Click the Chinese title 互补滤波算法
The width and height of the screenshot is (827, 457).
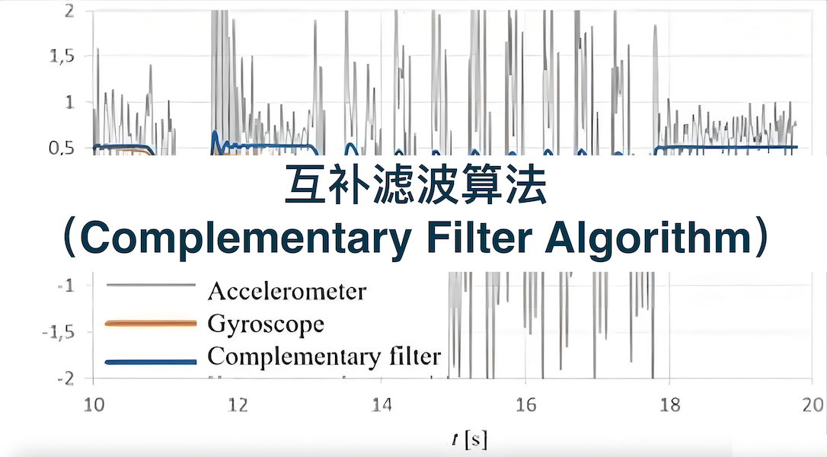tap(416, 184)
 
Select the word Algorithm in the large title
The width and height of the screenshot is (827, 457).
tap(648, 238)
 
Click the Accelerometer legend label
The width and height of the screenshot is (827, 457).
tap(287, 291)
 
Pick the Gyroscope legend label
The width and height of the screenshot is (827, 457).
tap(266, 324)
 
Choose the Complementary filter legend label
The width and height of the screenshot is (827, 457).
tap(324, 356)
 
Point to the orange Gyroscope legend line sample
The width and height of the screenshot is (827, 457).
tap(151, 323)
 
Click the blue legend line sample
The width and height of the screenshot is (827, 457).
tap(151, 362)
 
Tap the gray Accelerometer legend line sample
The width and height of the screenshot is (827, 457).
tap(151, 285)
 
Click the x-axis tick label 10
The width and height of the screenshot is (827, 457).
tap(94, 404)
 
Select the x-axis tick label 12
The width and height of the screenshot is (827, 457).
tap(238, 404)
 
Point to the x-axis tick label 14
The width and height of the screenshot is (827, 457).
tap(382, 404)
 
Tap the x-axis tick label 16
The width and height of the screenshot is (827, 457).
tap(526, 404)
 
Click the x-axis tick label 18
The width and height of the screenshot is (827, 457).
tap(670, 404)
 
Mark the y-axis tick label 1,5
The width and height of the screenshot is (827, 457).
tap(62, 56)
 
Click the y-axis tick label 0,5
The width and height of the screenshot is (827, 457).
tap(62, 148)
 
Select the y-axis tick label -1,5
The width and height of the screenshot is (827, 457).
tap(59, 332)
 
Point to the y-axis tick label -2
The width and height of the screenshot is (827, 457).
tap(66, 379)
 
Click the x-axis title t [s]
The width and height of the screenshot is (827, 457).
tap(469, 439)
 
